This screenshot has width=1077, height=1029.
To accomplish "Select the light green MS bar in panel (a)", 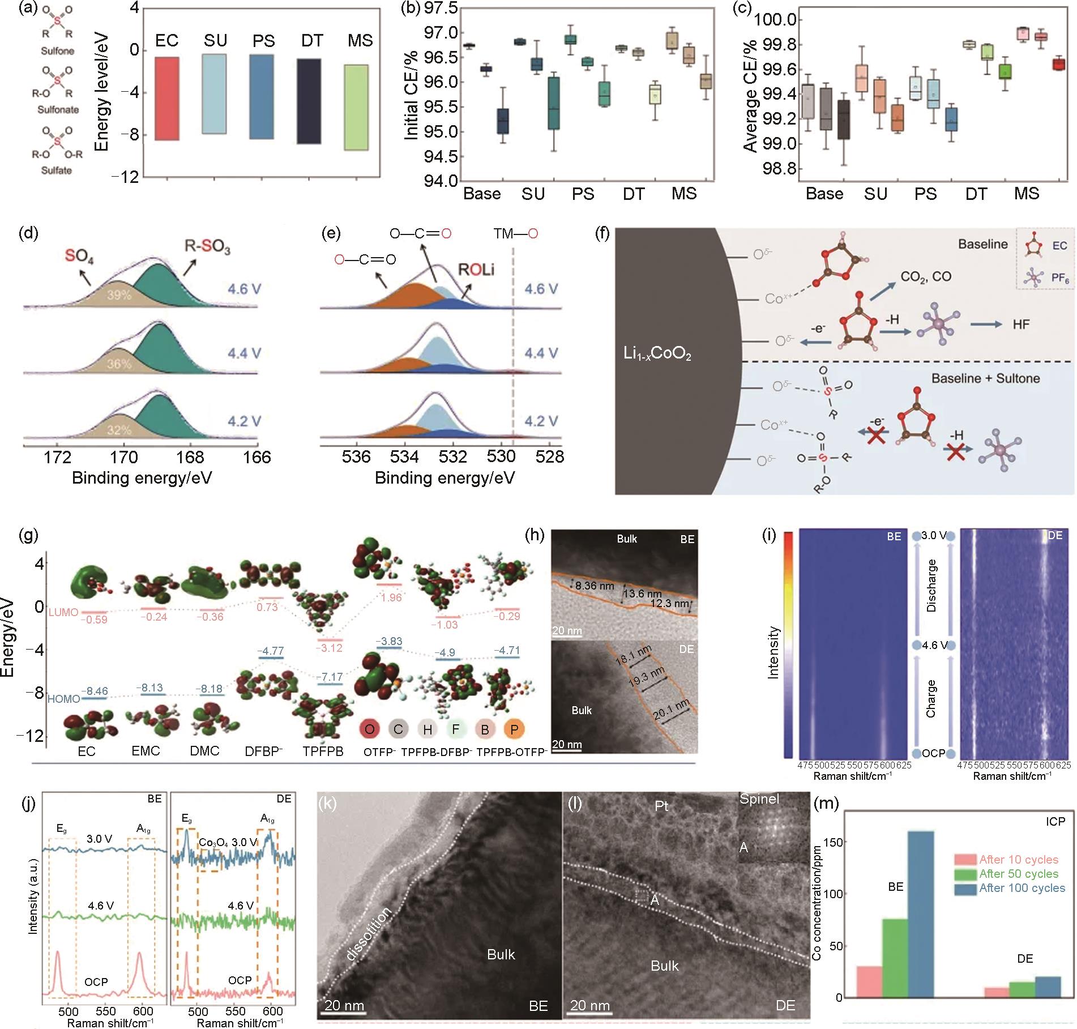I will [360, 107].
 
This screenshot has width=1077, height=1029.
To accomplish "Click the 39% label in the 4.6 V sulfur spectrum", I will [119, 294].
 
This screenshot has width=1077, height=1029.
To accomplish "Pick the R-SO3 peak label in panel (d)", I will [208, 247].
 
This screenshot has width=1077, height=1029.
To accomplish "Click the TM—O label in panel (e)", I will [515, 233].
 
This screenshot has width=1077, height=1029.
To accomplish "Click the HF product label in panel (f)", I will [1021, 325].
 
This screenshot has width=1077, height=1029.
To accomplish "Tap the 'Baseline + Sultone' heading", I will [985, 378].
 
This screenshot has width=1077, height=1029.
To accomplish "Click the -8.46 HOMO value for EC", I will [94, 691].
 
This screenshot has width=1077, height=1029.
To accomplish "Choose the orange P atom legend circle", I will [514, 729].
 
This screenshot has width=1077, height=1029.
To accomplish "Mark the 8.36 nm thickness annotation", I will [593, 586].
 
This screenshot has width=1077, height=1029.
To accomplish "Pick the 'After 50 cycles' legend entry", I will [1018, 874].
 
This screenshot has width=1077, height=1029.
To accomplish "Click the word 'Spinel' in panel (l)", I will [759, 799].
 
